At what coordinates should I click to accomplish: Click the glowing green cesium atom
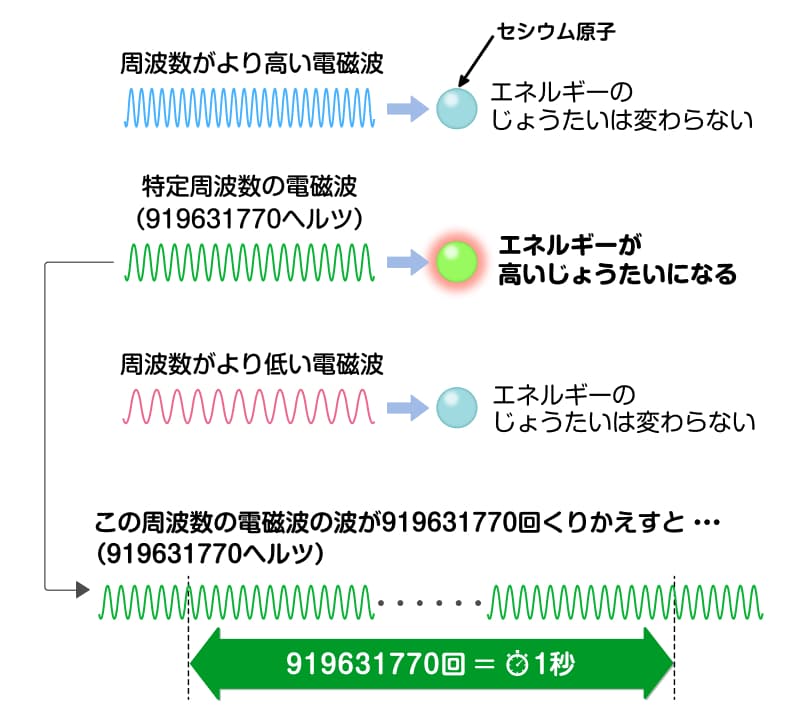pyautogui.click(x=457, y=262)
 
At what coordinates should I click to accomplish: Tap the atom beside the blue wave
pyautogui.click(x=457, y=108)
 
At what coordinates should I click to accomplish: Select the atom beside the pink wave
pyautogui.click(x=457, y=406)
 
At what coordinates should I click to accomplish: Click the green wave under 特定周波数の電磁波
pyautogui.click(x=250, y=262)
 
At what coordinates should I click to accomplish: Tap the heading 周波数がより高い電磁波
pyautogui.click(x=251, y=65)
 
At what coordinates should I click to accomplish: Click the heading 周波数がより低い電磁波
pyautogui.click(x=251, y=363)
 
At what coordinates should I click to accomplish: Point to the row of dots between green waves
pyautogui.click(x=432, y=602)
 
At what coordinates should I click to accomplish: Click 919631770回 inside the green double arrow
pyautogui.click(x=381, y=663)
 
